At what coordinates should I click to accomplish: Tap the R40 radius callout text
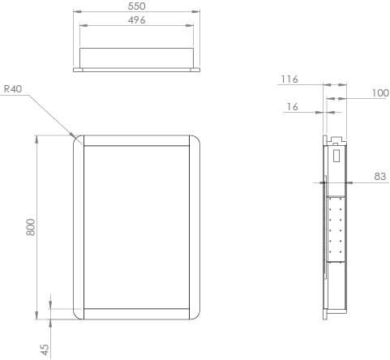12,89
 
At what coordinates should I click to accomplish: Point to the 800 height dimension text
31,227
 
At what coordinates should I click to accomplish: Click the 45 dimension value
45,349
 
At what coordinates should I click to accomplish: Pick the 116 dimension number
289,79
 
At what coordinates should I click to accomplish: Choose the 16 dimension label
293,107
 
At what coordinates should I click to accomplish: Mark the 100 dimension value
379,93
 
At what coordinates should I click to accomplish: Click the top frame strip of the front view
137,139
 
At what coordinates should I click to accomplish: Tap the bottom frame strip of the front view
137,315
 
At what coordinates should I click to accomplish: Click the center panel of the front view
137,227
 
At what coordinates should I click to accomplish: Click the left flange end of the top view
77,70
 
